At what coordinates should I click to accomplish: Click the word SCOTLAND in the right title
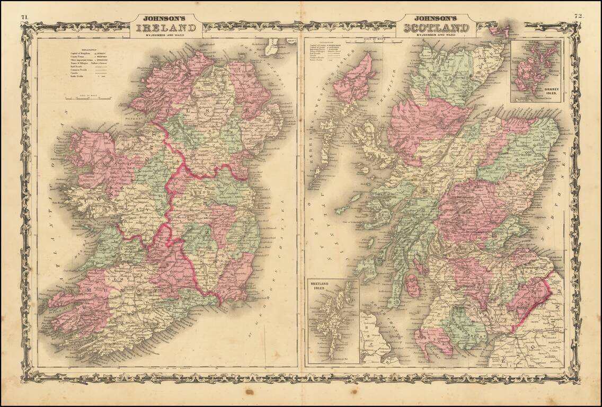436,28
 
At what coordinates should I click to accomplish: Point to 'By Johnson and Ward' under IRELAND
165,36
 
